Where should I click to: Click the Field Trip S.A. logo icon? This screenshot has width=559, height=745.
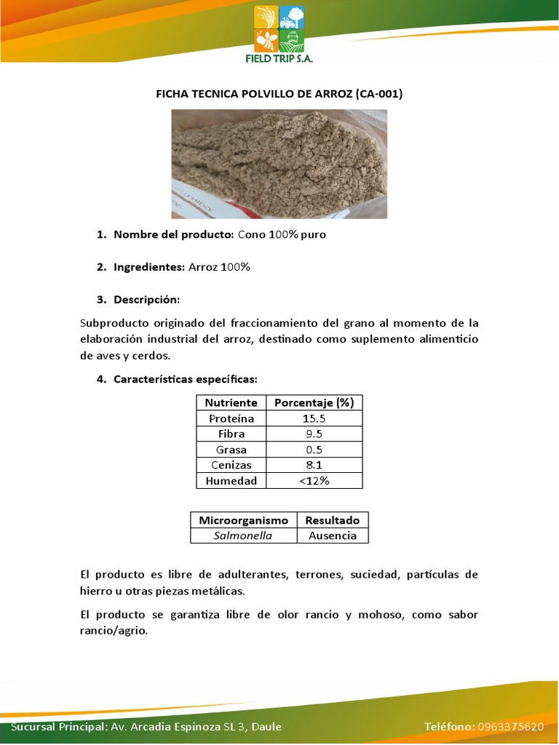[279, 27]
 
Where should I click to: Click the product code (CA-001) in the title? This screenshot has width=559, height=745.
[376, 94]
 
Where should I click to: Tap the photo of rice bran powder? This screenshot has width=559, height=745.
[279, 164]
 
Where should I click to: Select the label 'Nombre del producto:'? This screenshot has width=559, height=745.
[173, 235]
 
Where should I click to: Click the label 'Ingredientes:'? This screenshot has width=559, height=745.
[149, 267]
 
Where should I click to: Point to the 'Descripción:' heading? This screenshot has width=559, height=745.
[146, 300]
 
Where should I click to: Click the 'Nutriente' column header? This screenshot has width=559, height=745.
[231, 402]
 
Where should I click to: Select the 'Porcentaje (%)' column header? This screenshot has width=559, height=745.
[314, 402]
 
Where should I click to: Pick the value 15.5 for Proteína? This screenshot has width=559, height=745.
[314, 418]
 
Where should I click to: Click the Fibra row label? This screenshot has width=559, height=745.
[231, 434]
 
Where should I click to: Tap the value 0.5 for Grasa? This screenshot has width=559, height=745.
[314, 450]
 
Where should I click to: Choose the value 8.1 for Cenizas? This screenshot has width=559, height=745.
[314, 465]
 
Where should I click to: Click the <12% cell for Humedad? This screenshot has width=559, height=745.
[314, 481]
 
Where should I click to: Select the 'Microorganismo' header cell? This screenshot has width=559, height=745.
[244, 520]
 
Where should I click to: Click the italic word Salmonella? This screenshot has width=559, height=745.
[243, 535]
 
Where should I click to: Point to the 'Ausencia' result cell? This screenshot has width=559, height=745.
[332, 535]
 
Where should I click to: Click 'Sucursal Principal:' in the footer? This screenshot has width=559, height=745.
[60, 727]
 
